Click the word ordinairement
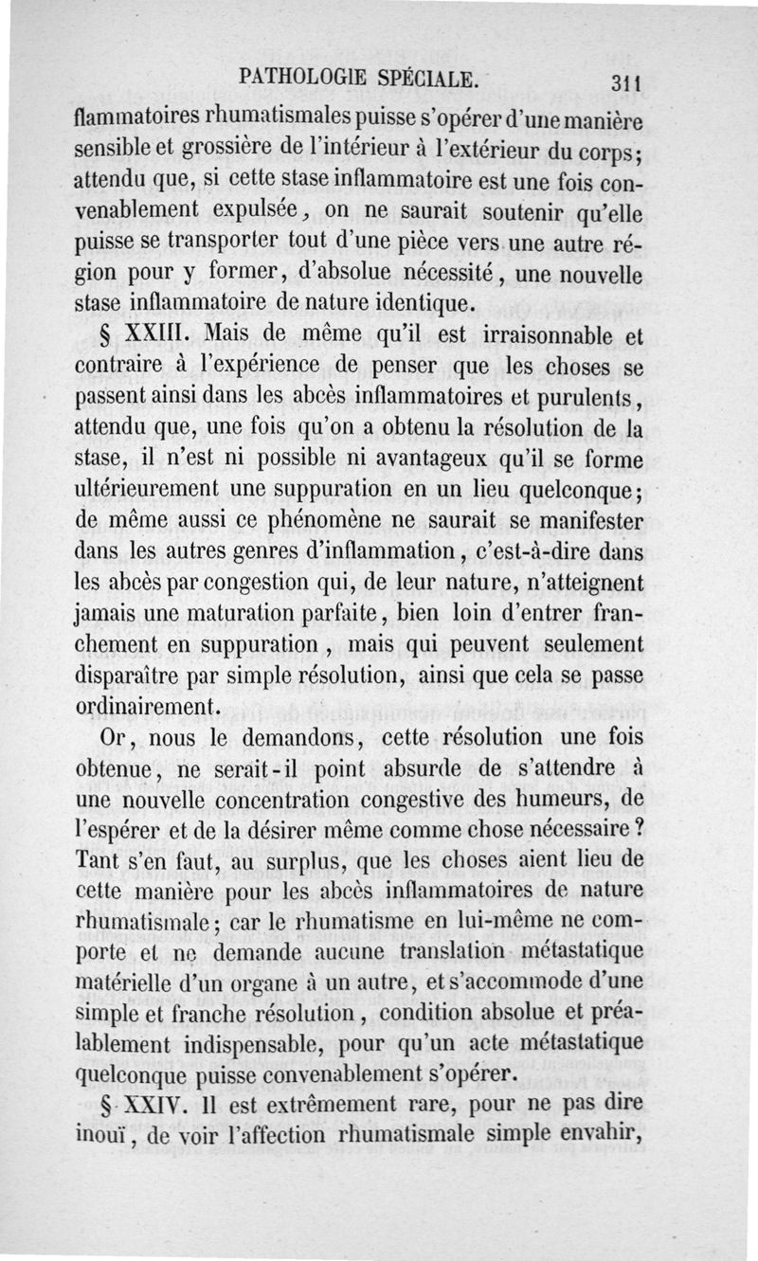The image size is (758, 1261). [149, 707]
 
